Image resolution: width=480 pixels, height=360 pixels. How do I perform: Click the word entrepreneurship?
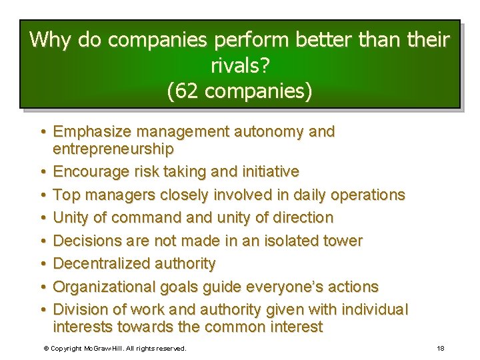113,148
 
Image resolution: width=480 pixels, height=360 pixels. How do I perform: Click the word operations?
364,195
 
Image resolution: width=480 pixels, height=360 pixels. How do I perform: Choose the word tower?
344,241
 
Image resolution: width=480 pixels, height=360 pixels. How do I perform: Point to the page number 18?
440,348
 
